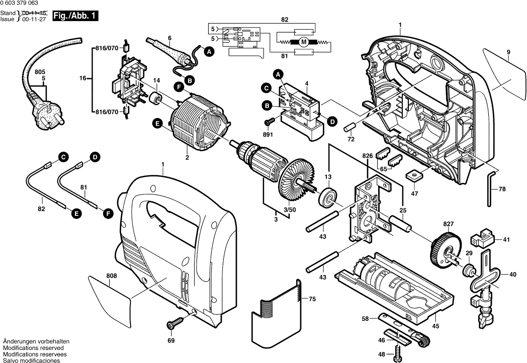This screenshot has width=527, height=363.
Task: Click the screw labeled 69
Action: pos(175,324)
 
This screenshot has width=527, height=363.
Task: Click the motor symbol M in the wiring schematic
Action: pos(303,43)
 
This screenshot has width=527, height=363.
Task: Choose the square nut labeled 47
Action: pos(415,176)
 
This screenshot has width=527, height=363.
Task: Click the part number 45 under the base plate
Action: pos(435,326)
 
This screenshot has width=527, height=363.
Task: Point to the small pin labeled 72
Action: pos(349,127)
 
